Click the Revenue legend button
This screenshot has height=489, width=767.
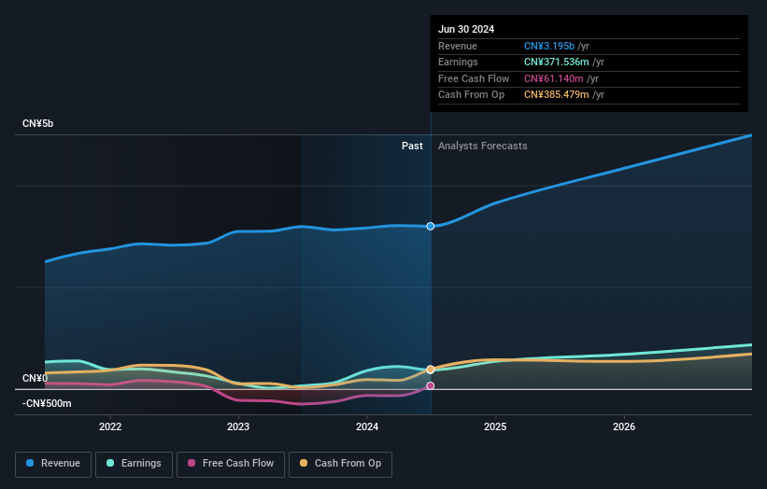53,463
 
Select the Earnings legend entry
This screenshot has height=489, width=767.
134,463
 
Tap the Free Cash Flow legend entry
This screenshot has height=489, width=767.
230,463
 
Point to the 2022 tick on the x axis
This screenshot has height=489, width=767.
110,426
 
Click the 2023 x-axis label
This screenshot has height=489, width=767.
238,426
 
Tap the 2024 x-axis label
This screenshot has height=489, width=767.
367,426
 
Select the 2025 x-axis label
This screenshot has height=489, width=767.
495,426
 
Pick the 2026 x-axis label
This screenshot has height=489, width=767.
624,426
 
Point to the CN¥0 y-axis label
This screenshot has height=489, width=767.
35,378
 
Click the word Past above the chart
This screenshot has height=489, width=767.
412,146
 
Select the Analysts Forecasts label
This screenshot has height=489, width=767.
482,146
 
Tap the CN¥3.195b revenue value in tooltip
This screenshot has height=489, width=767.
549,46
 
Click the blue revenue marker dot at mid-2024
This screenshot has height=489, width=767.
431,226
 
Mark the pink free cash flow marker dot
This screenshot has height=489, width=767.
431,385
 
